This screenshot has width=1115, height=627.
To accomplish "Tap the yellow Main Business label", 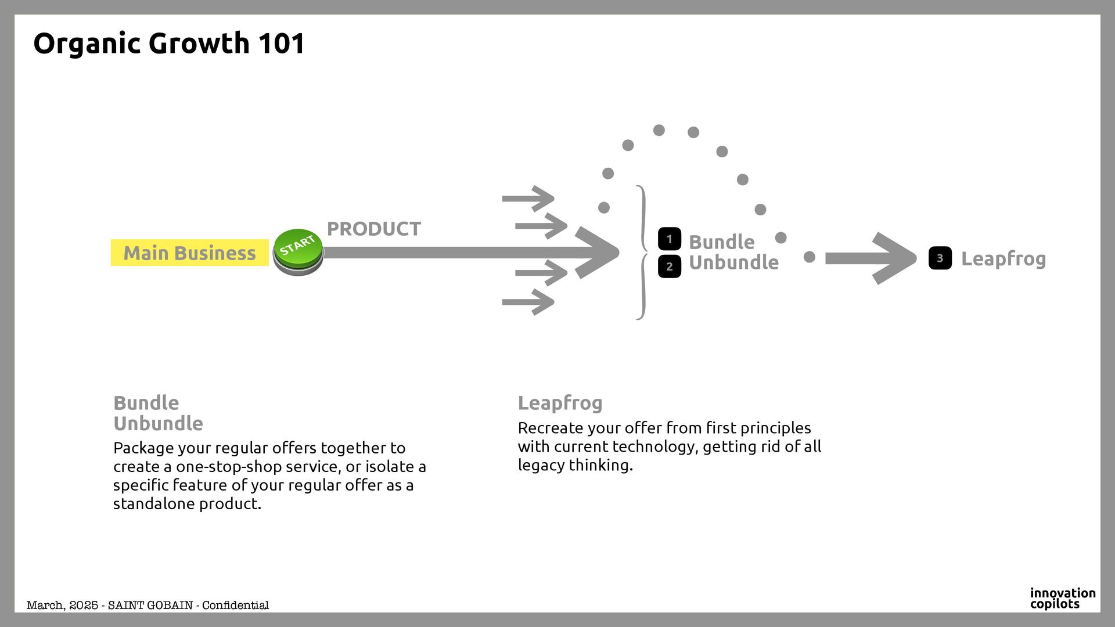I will click(189, 253).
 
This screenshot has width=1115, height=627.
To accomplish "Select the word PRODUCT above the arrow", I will click(373, 229).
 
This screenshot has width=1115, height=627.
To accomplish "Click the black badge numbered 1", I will click(669, 239).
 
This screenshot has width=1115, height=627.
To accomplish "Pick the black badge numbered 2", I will click(669, 266).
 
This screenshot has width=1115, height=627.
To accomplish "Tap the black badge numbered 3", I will click(940, 258).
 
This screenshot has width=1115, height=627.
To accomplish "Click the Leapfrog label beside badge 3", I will click(1003, 259).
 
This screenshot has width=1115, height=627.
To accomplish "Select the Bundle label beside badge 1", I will click(721, 242).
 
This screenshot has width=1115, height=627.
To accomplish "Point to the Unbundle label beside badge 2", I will click(733, 262).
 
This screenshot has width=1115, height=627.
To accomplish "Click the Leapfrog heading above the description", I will click(560, 403).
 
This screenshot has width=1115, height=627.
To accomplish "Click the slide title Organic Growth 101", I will click(168, 44).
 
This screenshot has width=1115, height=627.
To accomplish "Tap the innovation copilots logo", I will click(1062, 599).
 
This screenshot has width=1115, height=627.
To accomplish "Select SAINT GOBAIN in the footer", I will click(150, 606).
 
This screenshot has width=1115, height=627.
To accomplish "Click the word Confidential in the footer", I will click(235, 606).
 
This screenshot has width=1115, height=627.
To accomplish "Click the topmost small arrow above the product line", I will click(528, 199).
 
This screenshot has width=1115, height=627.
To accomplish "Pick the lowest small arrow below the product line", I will click(528, 302).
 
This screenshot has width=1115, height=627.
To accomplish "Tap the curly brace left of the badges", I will click(642, 253).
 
